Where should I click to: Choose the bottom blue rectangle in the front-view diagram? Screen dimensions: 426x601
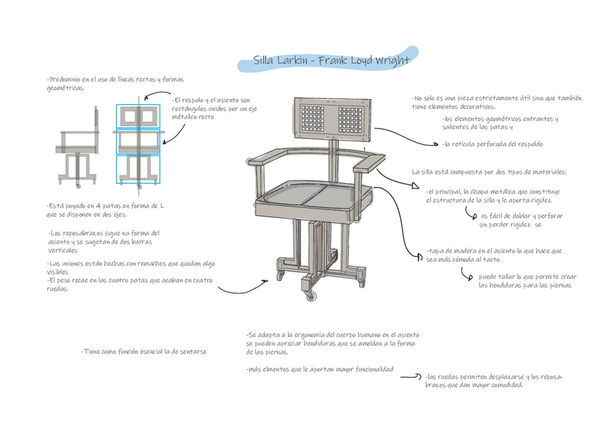(140, 169)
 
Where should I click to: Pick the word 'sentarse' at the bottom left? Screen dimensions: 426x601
(192, 351)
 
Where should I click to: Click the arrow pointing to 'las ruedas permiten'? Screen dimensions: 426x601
(412, 377)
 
